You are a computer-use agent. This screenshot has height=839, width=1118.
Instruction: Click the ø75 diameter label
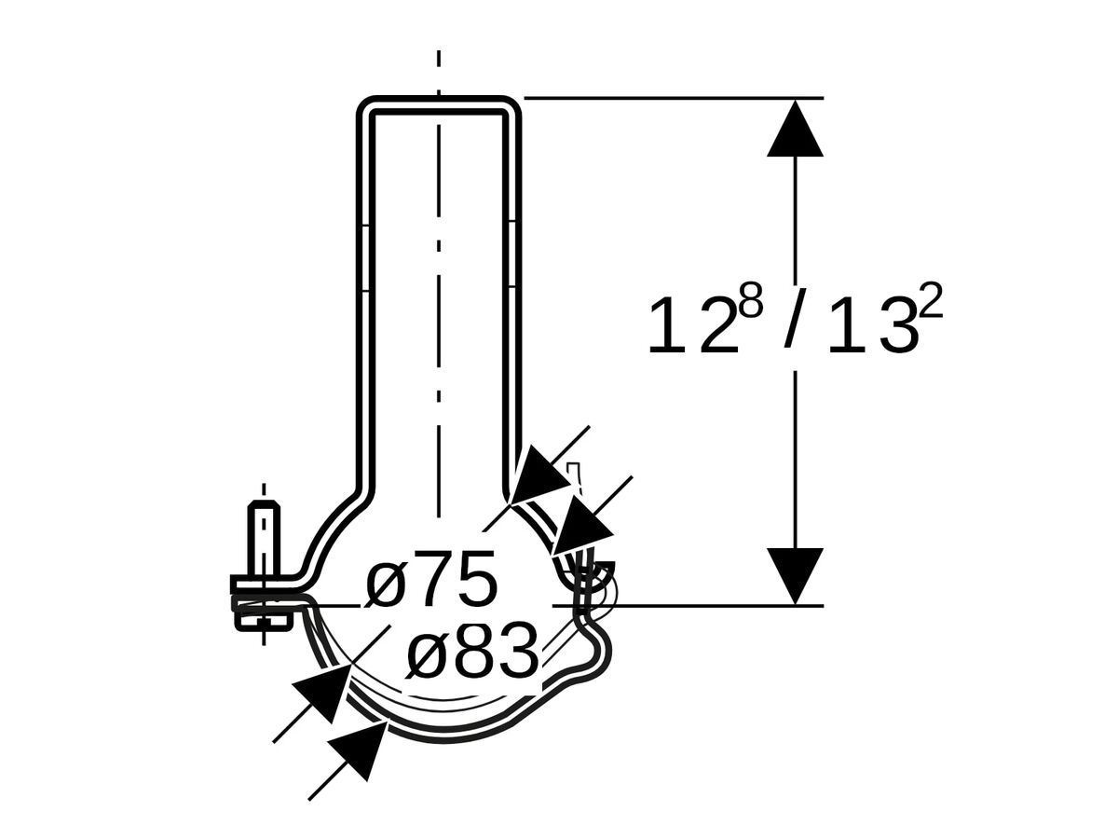pos(431,581)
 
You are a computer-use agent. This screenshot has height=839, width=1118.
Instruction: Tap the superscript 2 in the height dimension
pos(931,304)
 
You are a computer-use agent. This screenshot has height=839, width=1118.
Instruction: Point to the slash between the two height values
pos(793,322)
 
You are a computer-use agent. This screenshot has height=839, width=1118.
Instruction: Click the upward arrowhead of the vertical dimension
pos(795,129)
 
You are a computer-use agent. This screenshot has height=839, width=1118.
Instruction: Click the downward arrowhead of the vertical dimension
pos(795,575)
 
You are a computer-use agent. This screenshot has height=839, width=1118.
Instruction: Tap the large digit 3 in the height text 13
pos(898,325)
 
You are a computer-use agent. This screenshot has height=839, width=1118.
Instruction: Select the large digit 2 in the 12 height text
pos(718,325)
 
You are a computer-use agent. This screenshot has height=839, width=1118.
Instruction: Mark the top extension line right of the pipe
pos(671,98)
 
